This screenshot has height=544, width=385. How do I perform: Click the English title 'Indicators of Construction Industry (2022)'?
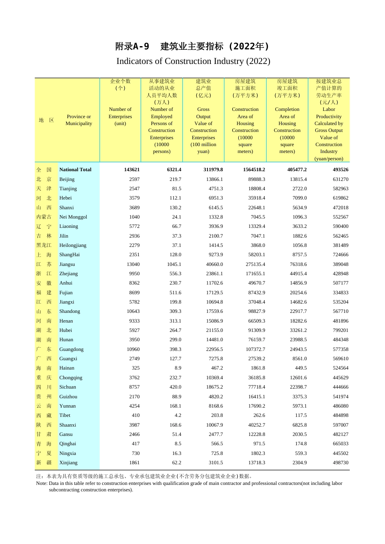(x=193, y=61)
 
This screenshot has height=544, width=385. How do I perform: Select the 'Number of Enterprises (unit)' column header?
(x=120, y=117)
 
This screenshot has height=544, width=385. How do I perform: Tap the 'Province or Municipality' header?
(x=79, y=120)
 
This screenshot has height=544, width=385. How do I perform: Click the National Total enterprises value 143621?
(x=132, y=170)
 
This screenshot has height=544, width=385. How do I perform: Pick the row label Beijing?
(x=67, y=179)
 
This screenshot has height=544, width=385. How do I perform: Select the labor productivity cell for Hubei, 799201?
(x=340, y=330)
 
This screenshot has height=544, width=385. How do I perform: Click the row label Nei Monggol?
(x=73, y=217)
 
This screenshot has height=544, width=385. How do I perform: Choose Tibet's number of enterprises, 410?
(x=135, y=415)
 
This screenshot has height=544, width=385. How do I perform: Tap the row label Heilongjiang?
(x=73, y=245)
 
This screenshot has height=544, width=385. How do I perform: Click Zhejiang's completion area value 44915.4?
(x=297, y=274)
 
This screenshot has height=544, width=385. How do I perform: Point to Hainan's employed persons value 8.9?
(x=178, y=368)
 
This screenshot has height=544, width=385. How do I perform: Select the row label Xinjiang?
(x=68, y=463)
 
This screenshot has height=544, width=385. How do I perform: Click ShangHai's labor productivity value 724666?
(x=340, y=255)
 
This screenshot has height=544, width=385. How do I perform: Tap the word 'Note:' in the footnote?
(x=42, y=483)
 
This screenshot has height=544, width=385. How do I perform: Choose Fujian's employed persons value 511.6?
(x=175, y=293)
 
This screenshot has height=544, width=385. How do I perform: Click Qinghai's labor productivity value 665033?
(x=340, y=444)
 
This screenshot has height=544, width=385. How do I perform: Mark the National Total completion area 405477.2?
(x=297, y=170)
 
